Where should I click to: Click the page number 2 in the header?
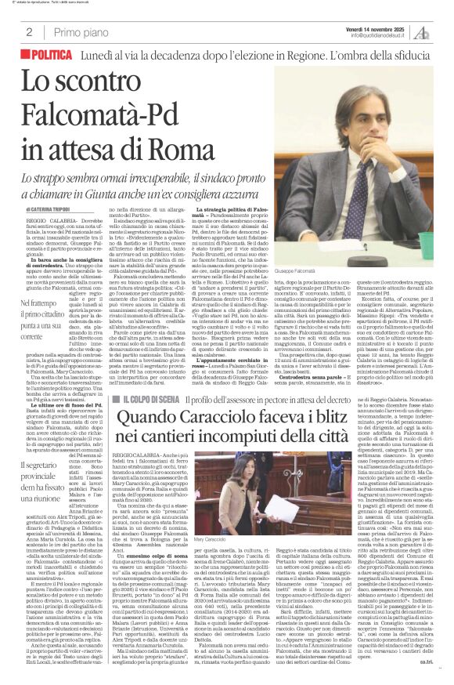(29, 32)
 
